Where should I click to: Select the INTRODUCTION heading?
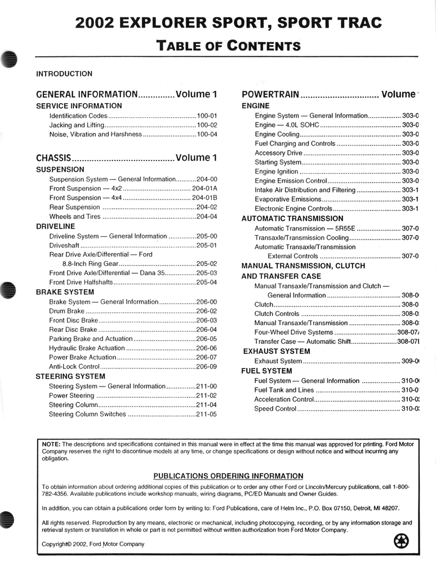[64, 73]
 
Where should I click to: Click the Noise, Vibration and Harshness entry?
[96, 134]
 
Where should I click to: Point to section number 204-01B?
[204, 198]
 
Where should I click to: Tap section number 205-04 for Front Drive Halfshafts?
[207, 282]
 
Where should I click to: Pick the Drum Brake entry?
[67, 311]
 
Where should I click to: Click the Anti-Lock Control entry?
[75, 366]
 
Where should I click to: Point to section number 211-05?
[207, 414]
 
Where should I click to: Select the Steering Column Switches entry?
[87, 414]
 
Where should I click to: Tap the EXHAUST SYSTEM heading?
[277, 351]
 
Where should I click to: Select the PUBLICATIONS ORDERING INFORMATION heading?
[228, 476]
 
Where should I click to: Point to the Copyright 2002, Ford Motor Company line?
[93, 544]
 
